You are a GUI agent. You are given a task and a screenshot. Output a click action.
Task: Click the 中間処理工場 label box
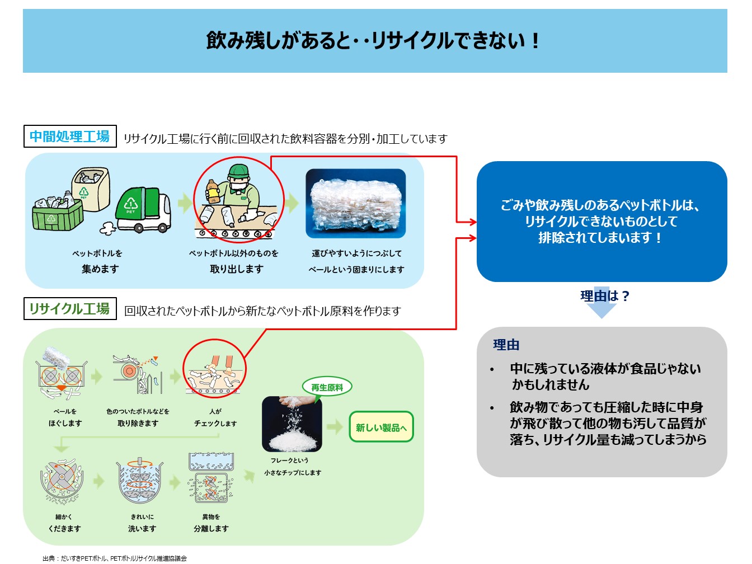(70, 137)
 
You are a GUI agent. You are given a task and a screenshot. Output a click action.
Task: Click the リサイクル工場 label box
(70, 309)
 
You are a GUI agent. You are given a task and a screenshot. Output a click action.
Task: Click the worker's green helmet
(239, 170)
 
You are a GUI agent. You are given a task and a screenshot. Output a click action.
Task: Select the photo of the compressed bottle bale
(355, 204)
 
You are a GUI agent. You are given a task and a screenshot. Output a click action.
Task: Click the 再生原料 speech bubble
(327, 387)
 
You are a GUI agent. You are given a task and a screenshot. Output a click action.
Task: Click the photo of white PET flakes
(292, 424)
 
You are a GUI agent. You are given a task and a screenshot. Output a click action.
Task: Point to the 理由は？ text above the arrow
(604, 296)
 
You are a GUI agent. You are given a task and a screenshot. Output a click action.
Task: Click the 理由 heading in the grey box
(506, 345)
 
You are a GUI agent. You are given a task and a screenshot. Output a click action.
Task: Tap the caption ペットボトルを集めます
(100, 261)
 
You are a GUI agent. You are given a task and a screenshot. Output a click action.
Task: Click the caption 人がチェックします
(215, 417)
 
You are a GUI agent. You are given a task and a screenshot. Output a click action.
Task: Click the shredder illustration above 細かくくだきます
(62, 481)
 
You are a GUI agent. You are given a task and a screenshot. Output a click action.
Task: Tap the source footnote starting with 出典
(114, 558)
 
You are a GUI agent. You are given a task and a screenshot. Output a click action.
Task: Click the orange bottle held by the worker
(213, 191)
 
